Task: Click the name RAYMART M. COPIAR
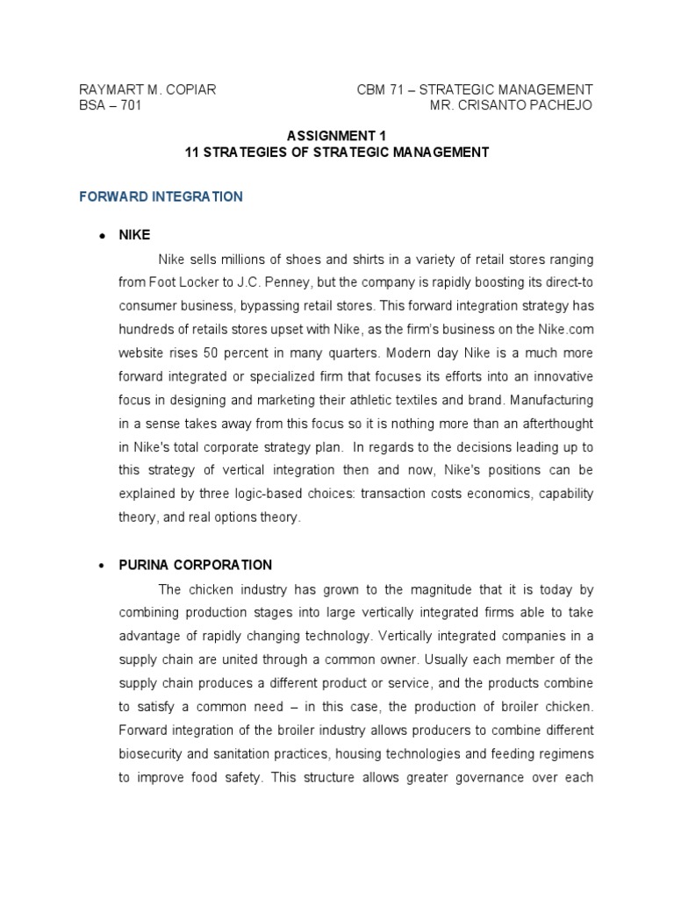coord(147,89)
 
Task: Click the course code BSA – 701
coord(110,105)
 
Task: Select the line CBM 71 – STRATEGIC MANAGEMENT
coord(475,89)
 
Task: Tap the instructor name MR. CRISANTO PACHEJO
coord(511,105)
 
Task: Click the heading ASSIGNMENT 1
coord(336,136)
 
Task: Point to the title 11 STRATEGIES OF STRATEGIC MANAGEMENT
coord(336,152)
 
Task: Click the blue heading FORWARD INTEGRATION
coord(161,196)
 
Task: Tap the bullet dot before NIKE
coord(103,236)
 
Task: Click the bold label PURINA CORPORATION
coord(196,565)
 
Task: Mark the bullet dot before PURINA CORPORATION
coord(103,566)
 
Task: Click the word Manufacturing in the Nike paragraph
coord(549,400)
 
